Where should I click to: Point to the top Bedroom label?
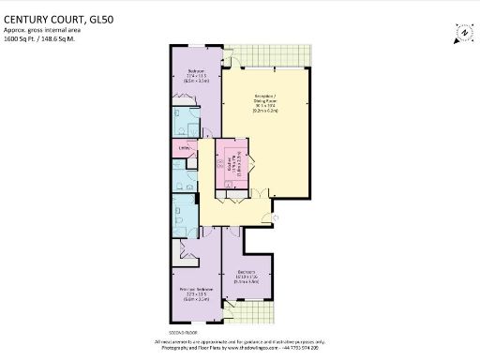[196, 75]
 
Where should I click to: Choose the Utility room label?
[184, 147]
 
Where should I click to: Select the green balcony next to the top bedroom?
[266, 62]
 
